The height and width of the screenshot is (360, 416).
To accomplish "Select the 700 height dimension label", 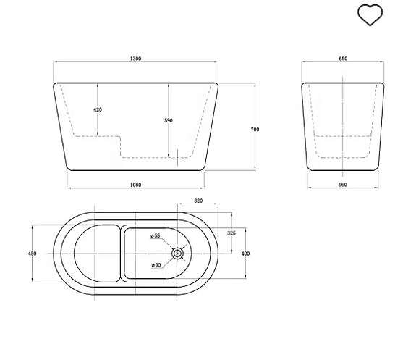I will (x=255, y=129).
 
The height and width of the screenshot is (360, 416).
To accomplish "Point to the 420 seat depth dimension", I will (x=98, y=109).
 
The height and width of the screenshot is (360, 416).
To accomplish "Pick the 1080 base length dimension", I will (x=136, y=185).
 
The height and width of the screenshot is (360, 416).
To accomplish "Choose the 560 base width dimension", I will (x=343, y=185).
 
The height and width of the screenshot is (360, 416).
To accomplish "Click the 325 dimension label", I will (x=232, y=233).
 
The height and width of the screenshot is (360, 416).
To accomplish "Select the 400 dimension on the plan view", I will (x=245, y=254).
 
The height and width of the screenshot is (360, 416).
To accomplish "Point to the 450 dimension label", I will (x=32, y=254).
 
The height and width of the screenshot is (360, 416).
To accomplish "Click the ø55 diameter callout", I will (x=155, y=236).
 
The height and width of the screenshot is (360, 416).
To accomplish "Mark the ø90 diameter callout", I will (x=156, y=265).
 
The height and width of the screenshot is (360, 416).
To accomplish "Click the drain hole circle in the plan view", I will (x=178, y=254).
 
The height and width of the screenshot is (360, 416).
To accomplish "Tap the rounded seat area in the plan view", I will (x=95, y=254).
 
